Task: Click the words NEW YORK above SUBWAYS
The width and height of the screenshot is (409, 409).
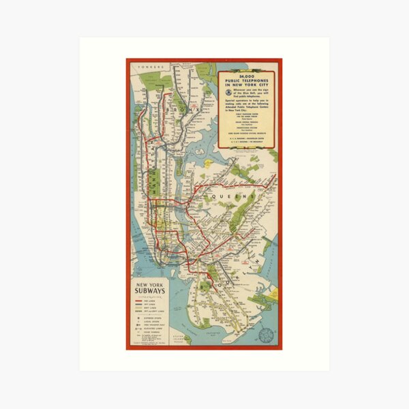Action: pos(149,284)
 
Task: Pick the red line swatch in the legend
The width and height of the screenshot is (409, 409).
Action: pos(138,301)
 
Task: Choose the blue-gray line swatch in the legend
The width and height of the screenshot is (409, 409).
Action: pos(138,305)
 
